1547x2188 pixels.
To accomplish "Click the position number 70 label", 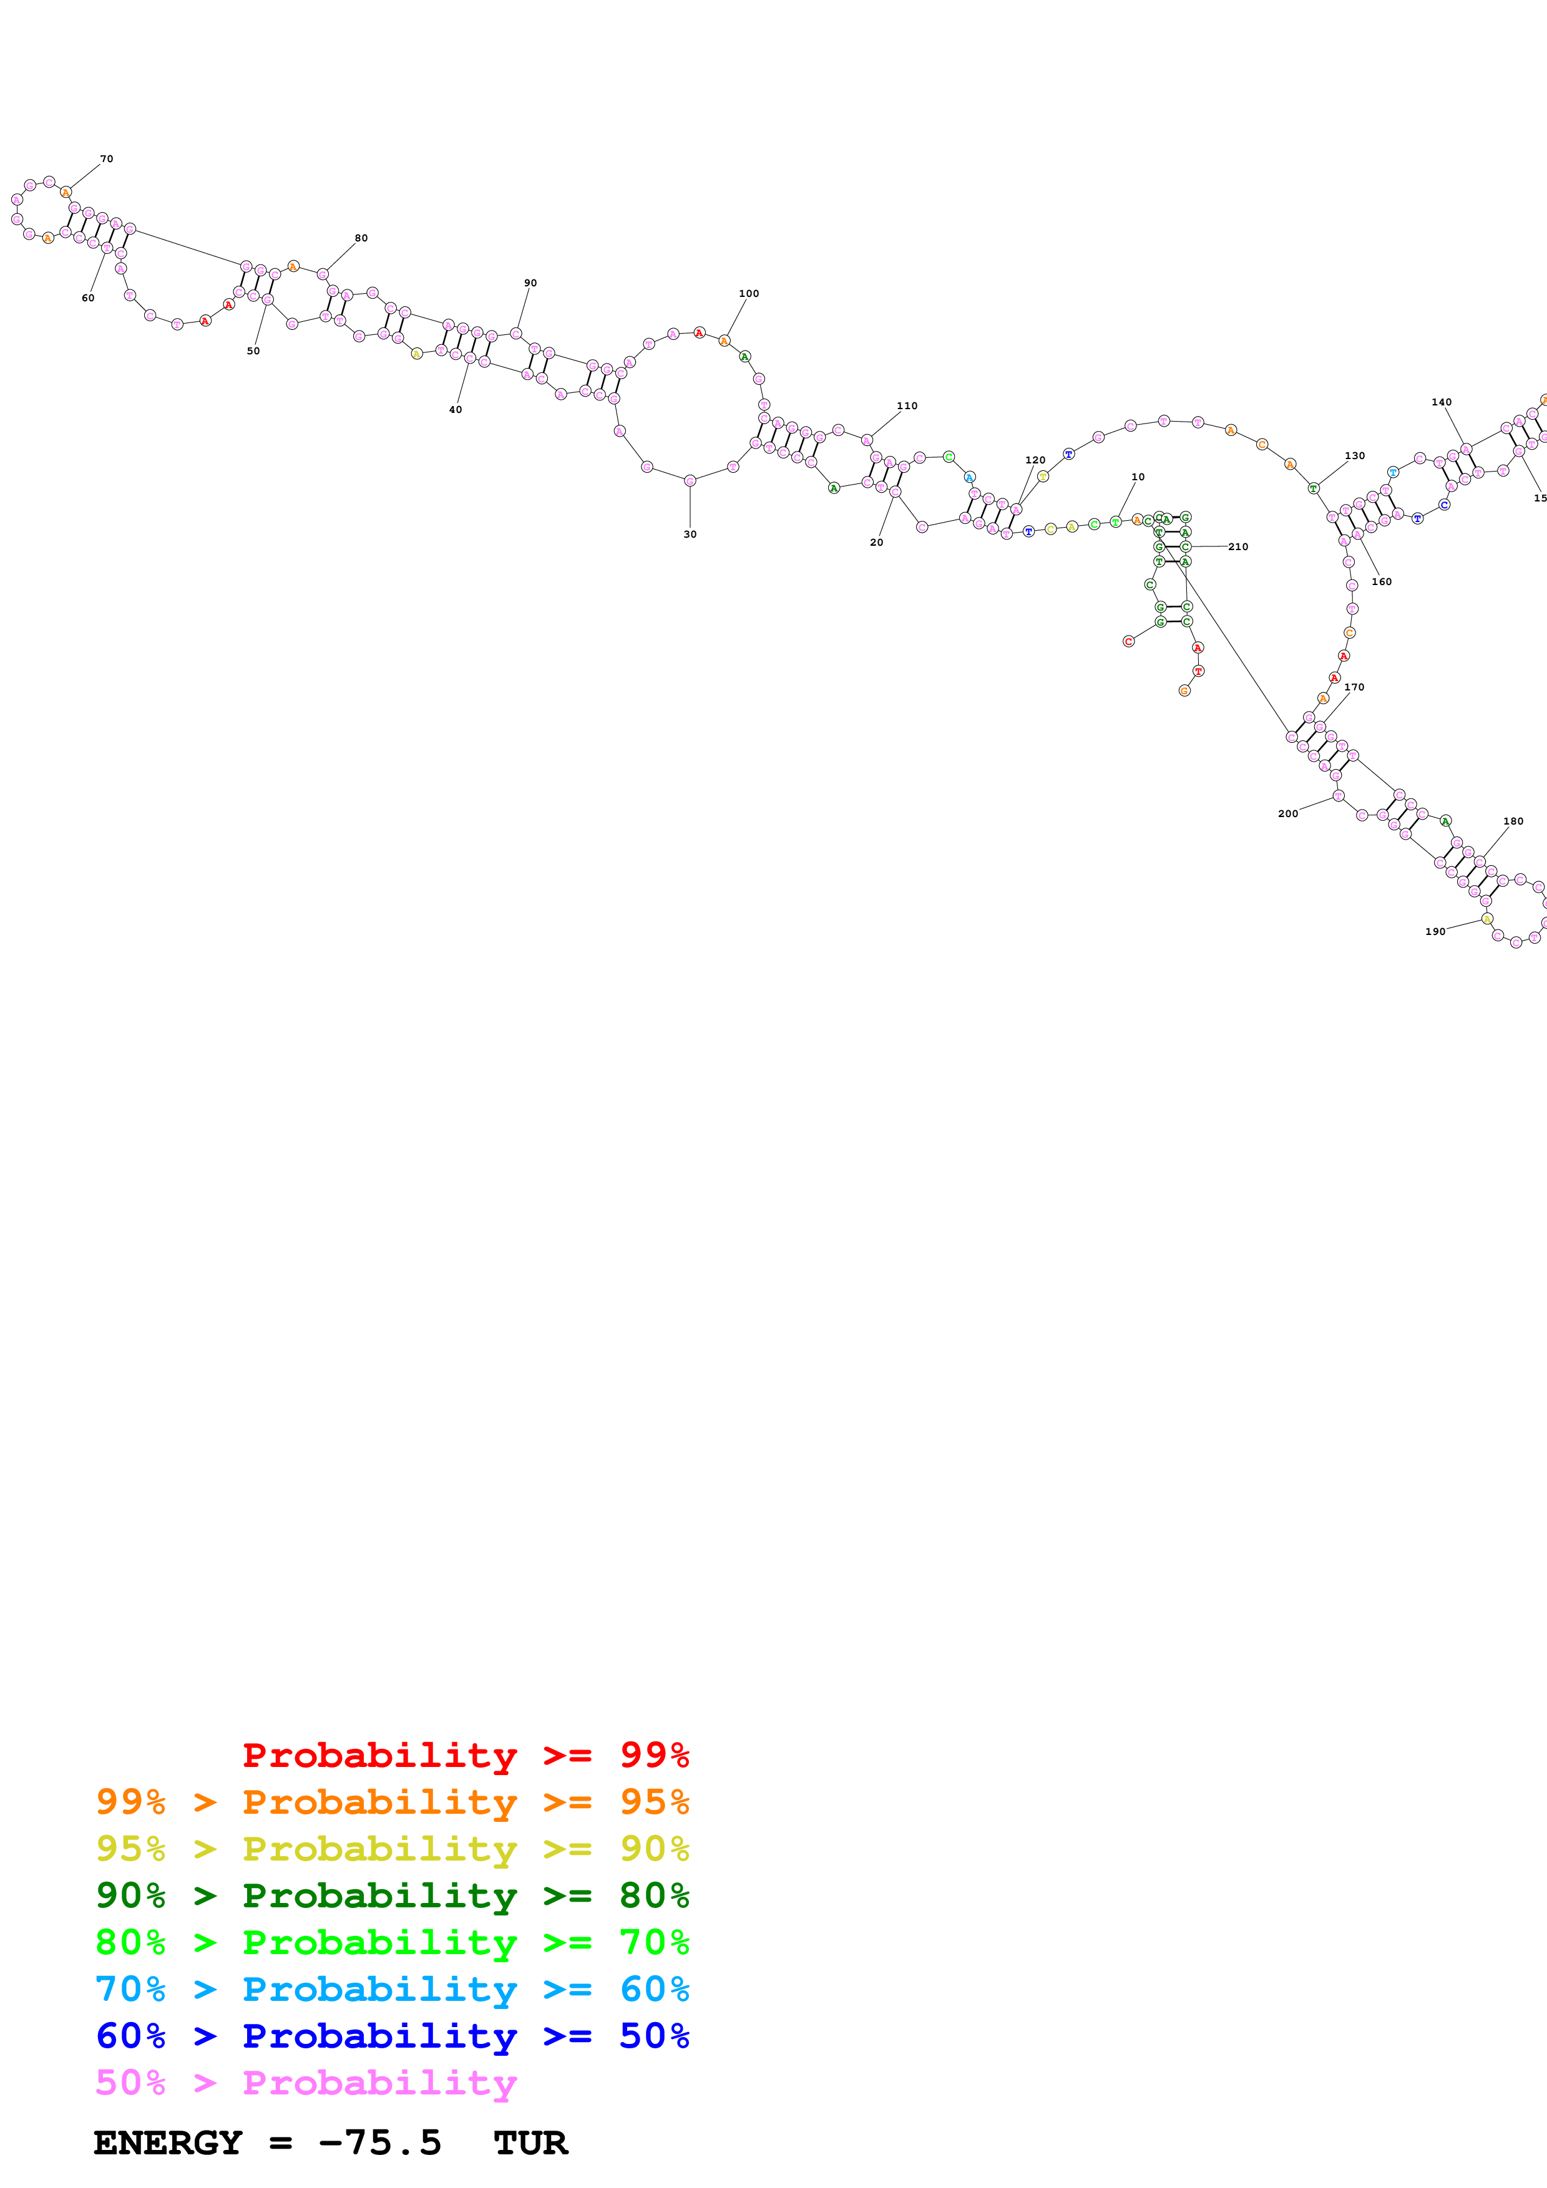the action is click(107, 159).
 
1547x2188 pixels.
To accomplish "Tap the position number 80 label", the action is click(361, 238).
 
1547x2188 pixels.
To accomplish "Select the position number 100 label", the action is click(749, 294).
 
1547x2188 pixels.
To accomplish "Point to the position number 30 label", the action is click(690, 535).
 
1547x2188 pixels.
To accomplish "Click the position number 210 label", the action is click(1238, 547).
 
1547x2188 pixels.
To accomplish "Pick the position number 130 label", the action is click(1354, 455).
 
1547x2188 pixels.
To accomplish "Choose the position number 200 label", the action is click(1288, 814).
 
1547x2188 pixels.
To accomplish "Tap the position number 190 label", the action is click(1435, 932).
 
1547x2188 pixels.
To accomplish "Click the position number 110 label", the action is click(907, 406).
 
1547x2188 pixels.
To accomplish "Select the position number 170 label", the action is click(1354, 687).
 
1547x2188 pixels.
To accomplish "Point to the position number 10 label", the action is click(1138, 477).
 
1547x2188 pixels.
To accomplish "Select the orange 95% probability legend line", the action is click(392, 1802).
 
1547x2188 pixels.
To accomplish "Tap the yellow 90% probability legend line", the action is click(392, 1849).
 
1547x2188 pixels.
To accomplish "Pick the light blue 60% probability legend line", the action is click(392, 1989).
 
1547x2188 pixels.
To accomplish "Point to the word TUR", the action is click(531, 2143).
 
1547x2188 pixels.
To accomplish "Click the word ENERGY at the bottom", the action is click(168, 2143).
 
